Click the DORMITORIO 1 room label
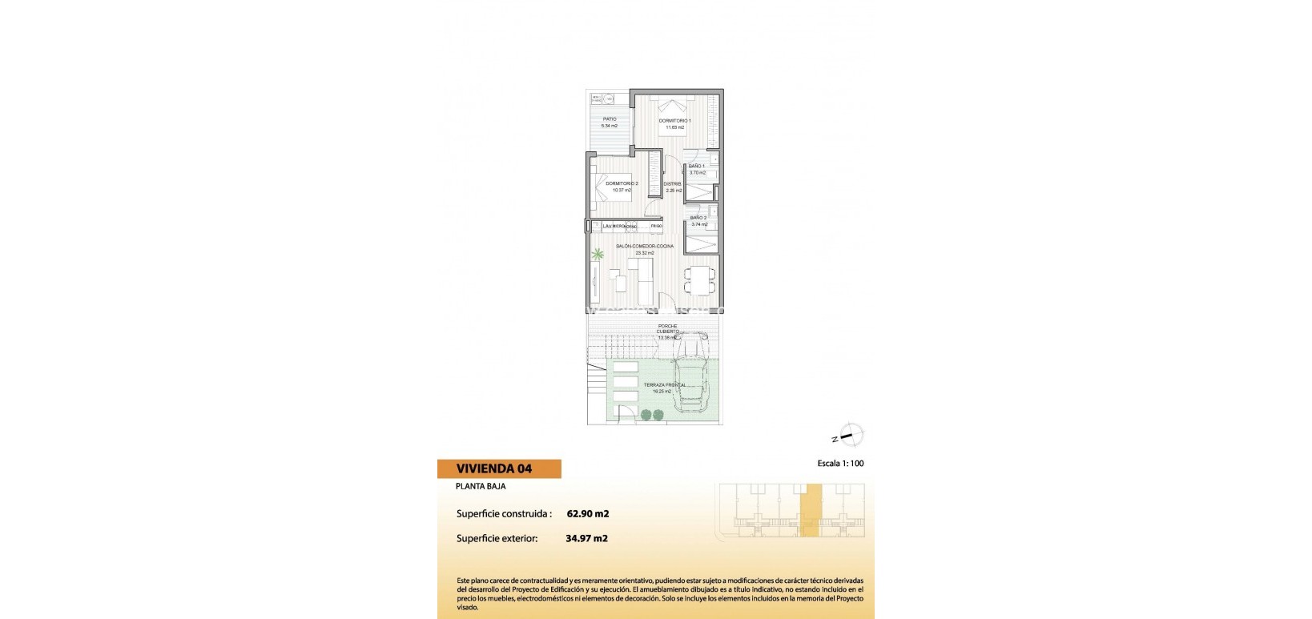pos(674,121)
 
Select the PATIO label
pos(610,119)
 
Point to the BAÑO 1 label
pos(696,167)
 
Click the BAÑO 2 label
pos(698,218)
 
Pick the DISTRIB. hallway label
pos(672,184)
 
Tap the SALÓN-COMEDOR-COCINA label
pos(645,246)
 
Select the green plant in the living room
pos(598,255)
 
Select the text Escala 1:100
pos(840,464)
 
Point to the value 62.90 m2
pos(587,514)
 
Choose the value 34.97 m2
pos(586,538)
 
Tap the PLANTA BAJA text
pos(481,486)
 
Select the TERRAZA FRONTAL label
pos(664,385)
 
